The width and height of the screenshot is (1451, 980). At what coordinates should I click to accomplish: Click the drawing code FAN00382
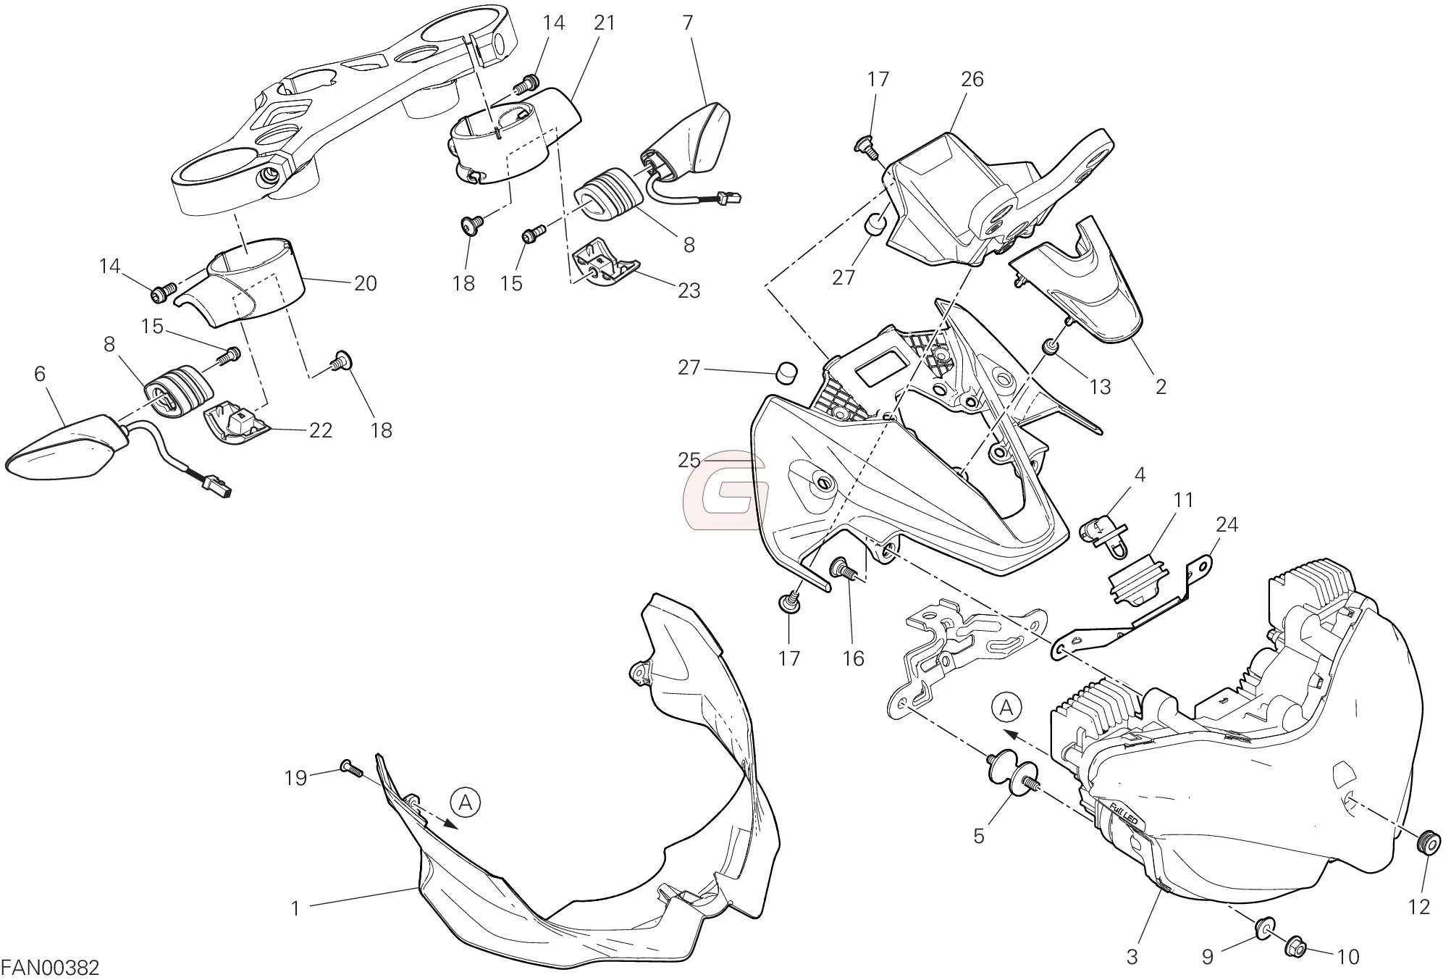coord(50,968)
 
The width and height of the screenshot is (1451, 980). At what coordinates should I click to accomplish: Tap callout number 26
coord(972,80)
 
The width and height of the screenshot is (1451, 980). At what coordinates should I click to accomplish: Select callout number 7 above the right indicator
coord(687,23)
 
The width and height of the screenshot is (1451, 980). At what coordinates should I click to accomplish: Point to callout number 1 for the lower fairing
coord(295,908)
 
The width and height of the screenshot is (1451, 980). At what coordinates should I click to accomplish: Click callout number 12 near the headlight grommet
coord(1419,906)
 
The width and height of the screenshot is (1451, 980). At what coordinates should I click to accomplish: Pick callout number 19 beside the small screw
coord(295,779)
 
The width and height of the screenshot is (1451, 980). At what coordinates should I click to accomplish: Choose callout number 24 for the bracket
coord(1227,524)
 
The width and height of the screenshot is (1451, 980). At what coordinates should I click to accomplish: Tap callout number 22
coord(320,430)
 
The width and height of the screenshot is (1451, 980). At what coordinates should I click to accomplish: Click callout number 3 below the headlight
coord(1132,958)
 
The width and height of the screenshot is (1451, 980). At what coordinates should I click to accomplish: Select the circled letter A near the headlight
coord(1006,708)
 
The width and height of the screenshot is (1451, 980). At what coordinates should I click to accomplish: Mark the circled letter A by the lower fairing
coord(466,802)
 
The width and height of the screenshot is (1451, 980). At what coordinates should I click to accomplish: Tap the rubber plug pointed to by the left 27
coord(786,372)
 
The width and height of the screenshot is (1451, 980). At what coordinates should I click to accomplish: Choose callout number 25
coord(689,460)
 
